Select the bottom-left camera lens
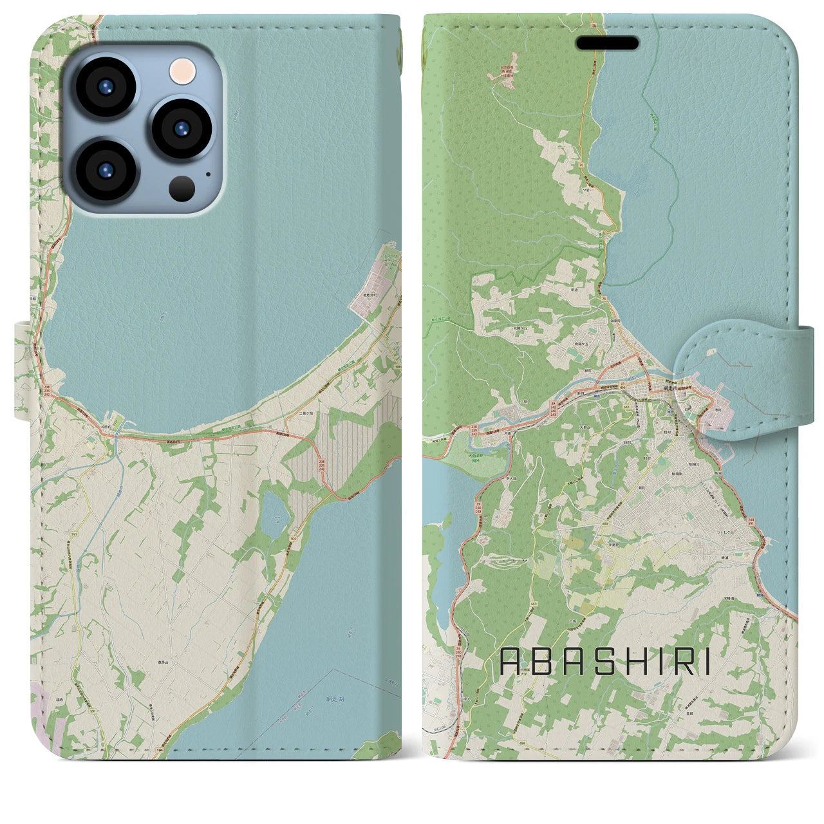[x=104, y=170]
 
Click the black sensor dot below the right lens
[x=182, y=188]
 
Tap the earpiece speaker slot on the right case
[x=607, y=43]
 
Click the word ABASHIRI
[x=605, y=661]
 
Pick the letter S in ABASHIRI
[x=604, y=661]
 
